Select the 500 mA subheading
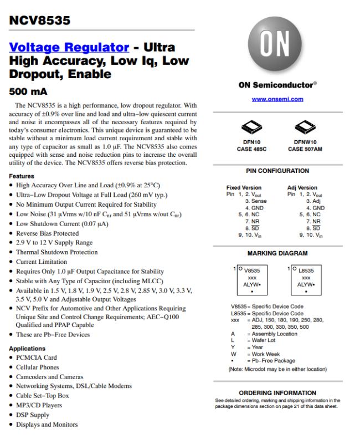pos(28,90)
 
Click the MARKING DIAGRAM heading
pos(277,253)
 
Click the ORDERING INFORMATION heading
pos(277,392)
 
